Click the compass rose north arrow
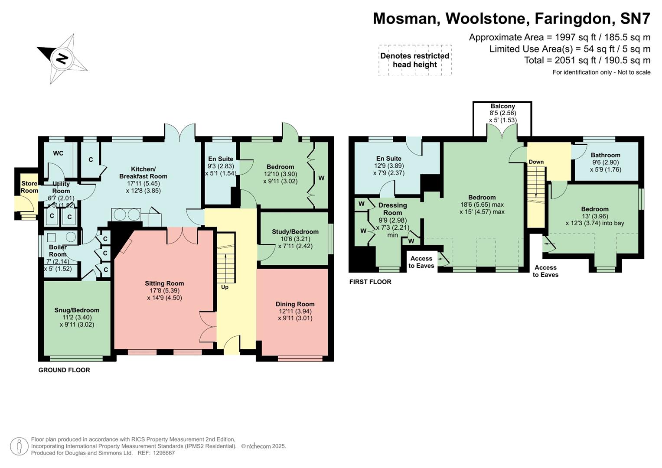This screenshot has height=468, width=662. [62, 58]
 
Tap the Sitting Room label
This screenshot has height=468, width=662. [164, 283]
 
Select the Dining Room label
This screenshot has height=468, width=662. [295, 304]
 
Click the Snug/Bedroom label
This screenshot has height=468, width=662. [77, 310]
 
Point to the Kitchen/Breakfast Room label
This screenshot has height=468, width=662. [143, 172]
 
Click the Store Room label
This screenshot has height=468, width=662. [29, 187]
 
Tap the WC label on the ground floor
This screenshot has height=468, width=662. [58, 153]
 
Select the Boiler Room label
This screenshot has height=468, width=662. [58, 250]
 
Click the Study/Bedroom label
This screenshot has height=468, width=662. [295, 232]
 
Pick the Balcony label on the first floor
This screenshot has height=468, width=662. [502, 106]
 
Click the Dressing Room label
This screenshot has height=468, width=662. [392, 209]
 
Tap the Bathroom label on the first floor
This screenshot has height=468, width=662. [605, 155]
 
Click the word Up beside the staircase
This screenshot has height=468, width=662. [225, 287]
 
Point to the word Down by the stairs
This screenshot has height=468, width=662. [536, 162]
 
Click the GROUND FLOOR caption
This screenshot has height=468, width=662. [64, 370]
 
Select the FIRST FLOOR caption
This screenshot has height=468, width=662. [370, 282]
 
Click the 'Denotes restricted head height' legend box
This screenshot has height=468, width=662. [414, 60]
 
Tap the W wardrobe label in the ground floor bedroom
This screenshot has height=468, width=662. [321, 178]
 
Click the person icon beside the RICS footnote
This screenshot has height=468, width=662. [19, 446]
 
